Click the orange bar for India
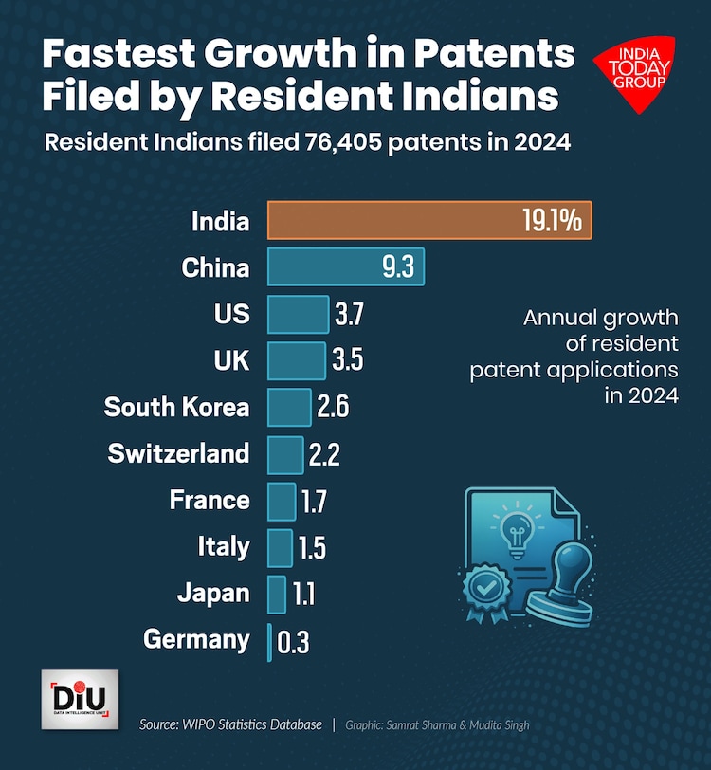[389, 221]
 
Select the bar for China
[322, 267]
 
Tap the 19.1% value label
[551, 221]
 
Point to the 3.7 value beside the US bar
[348, 314]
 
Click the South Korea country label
[176, 407]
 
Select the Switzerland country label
[178, 453]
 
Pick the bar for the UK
[296, 360]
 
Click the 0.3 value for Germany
[293, 641]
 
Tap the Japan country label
[213, 594]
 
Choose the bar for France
[282, 501]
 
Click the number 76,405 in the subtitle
[356, 143]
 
